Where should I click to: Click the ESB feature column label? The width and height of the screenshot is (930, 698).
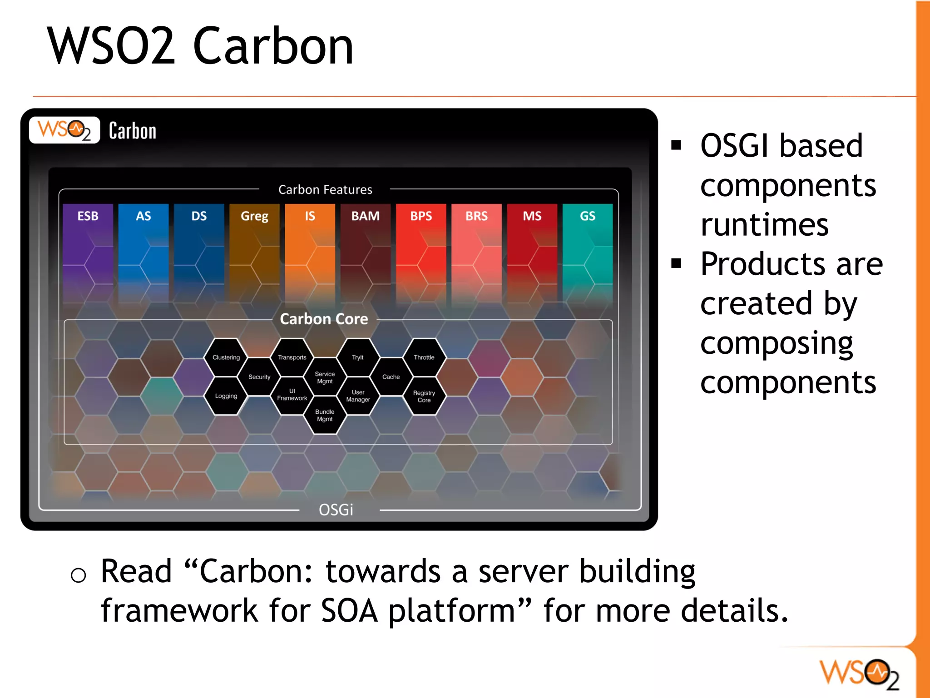tap(88, 216)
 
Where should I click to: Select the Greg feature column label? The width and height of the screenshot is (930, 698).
tap(254, 216)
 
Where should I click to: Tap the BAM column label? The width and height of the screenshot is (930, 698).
tap(365, 216)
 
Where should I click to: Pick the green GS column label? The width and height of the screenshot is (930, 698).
tap(587, 216)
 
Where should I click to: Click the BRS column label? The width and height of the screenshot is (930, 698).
tap(476, 216)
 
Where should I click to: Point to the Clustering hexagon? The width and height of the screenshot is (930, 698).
tap(226, 357)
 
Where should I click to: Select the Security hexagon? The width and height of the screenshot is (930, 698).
tap(259, 377)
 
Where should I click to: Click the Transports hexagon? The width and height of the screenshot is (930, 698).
tap(292, 357)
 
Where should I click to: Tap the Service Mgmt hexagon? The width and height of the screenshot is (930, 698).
tap(325, 377)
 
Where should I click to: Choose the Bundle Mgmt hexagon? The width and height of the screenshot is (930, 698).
tap(325, 415)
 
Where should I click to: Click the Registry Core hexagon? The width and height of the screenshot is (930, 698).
tap(424, 396)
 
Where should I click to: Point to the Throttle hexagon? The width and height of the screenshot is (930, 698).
tap(424, 357)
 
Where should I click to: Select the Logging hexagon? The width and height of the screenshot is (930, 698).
tap(226, 396)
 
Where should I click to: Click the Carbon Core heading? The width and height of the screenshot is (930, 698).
tap(324, 319)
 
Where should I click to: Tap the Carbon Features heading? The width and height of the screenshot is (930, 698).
tap(325, 190)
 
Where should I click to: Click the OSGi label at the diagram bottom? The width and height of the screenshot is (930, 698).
tap(336, 510)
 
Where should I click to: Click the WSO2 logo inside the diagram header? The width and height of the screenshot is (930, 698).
tap(64, 130)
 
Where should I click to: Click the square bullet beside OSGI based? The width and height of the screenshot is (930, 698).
tap(676, 145)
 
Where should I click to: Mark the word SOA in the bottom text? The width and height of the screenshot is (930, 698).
tap(349, 611)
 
